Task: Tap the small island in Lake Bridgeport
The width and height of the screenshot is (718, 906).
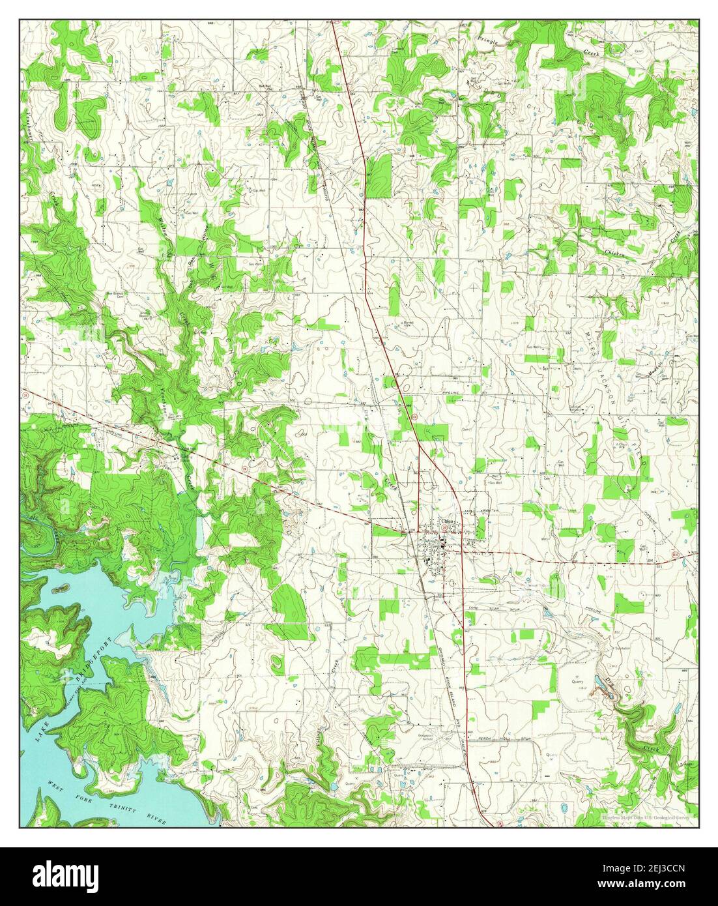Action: [59, 588]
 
